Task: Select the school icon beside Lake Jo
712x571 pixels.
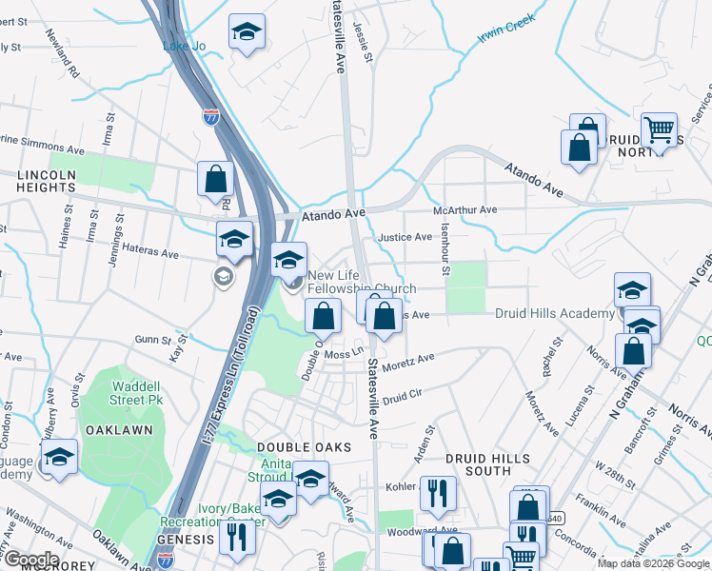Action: click(x=247, y=34)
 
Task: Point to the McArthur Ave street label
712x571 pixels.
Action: click(x=465, y=209)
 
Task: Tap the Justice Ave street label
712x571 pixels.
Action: click(x=405, y=237)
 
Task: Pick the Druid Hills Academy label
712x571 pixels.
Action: click(x=554, y=314)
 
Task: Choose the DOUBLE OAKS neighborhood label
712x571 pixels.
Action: click(x=304, y=446)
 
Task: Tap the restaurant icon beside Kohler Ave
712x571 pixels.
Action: click(x=438, y=493)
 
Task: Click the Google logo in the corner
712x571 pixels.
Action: click(x=30, y=560)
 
